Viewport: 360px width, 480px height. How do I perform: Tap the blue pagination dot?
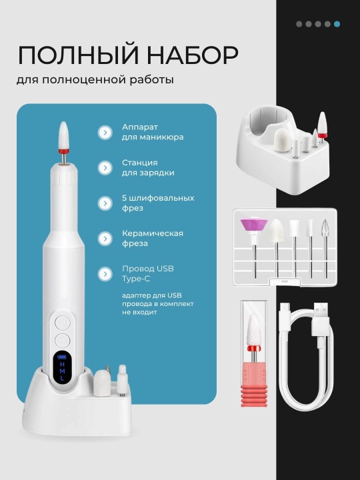point(337,24)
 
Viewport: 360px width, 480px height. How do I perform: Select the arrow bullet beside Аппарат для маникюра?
point(105,132)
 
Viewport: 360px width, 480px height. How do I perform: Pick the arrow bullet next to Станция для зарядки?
point(105,168)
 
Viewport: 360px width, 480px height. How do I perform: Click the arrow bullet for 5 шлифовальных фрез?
point(105,203)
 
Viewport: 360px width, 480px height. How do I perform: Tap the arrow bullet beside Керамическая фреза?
point(105,239)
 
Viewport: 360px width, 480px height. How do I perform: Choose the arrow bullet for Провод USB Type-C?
point(105,274)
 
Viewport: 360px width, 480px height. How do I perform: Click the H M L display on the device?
point(63,367)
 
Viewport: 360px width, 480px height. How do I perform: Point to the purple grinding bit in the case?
point(254,225)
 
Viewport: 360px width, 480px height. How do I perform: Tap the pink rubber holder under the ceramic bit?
point(254,385)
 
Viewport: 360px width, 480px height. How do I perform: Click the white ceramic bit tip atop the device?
point(63,135)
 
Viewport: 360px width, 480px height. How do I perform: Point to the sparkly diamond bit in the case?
point(325,228)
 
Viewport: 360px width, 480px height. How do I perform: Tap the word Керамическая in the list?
point(153,233)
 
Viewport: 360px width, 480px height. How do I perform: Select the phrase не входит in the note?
point(139,312)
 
